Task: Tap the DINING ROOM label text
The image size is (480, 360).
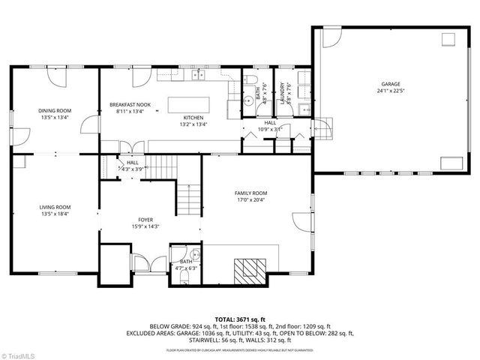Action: (55, 110)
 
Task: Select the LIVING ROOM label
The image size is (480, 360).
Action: (55, 207)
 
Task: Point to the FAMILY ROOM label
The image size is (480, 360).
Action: (251, 193)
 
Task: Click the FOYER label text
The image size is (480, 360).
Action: (146, 220)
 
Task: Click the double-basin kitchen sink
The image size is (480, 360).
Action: (199, 75)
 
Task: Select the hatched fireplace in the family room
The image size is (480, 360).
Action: (248, 270)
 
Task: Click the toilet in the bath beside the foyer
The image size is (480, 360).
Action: (184, 277)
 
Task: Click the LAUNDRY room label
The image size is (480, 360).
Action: (283, 94)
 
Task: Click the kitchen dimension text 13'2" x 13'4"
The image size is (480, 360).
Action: (194, 124)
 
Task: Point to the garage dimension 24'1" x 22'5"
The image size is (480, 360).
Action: (390, 91)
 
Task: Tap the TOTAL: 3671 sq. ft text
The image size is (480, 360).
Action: (239, 319)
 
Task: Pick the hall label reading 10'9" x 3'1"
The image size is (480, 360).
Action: (269, 128)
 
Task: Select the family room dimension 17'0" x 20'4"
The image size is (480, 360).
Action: (251, 199)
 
